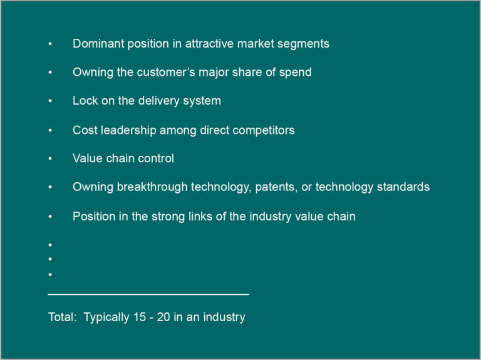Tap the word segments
tap(303, 44)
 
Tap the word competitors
tap(264, 130)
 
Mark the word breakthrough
tap(152, 187)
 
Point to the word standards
tap(403, 187)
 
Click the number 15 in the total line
tap(139, 317)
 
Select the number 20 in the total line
tap(163, 317)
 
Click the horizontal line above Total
tap(148, 294)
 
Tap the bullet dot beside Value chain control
tap(50, 158)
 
